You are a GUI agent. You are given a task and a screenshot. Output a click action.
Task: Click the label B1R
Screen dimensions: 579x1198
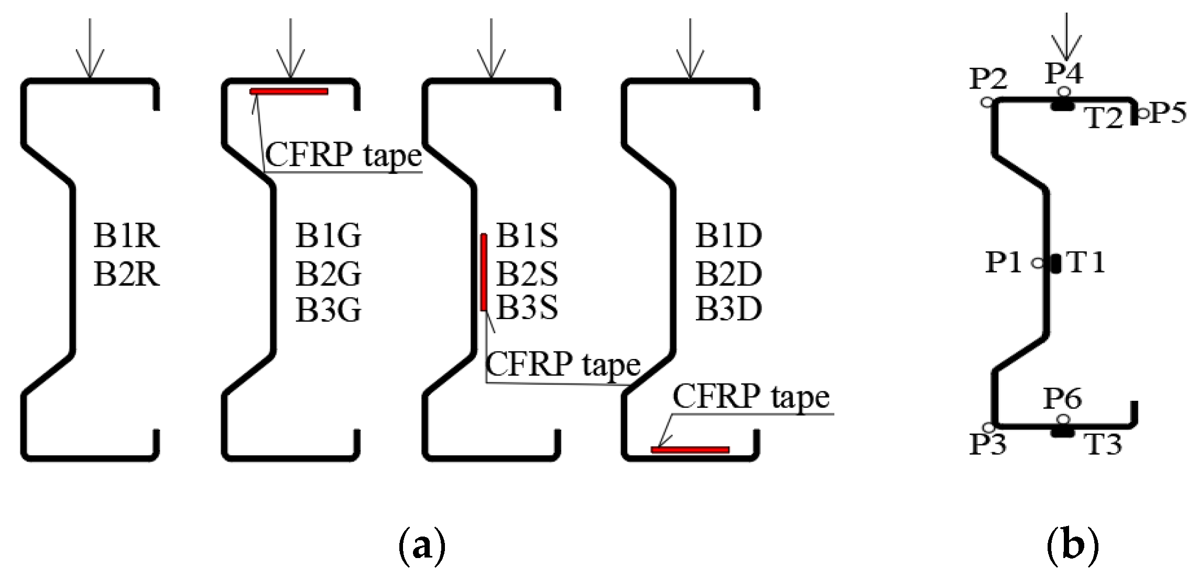click(126, 236)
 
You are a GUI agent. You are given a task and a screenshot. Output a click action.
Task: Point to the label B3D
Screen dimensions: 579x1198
click(728, 309)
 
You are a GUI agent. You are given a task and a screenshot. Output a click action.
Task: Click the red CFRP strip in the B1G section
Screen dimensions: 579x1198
click(289, 92)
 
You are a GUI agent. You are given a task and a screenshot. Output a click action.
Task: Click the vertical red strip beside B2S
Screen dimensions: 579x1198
click(484, 272)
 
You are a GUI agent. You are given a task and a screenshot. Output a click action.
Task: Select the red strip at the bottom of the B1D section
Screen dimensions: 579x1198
click(690, 450)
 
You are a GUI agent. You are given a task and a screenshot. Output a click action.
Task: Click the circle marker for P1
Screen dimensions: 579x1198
click(1038, 263)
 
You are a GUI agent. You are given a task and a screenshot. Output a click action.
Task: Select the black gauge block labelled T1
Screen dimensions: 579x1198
click(1055, 263)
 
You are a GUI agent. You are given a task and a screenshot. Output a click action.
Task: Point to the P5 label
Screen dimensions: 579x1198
click(1167, 112)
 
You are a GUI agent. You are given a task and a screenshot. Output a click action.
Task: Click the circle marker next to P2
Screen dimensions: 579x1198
click(987, 102)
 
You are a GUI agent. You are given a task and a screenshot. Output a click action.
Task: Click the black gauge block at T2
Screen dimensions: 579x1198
click(1063, 107)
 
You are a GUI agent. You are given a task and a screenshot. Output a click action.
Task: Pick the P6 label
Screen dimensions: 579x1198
click(1062, 399)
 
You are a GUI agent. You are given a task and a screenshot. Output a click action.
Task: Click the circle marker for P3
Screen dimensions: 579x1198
click(988, 428)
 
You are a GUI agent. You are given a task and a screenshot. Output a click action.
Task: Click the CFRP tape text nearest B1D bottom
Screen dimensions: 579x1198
click(751, 396)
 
